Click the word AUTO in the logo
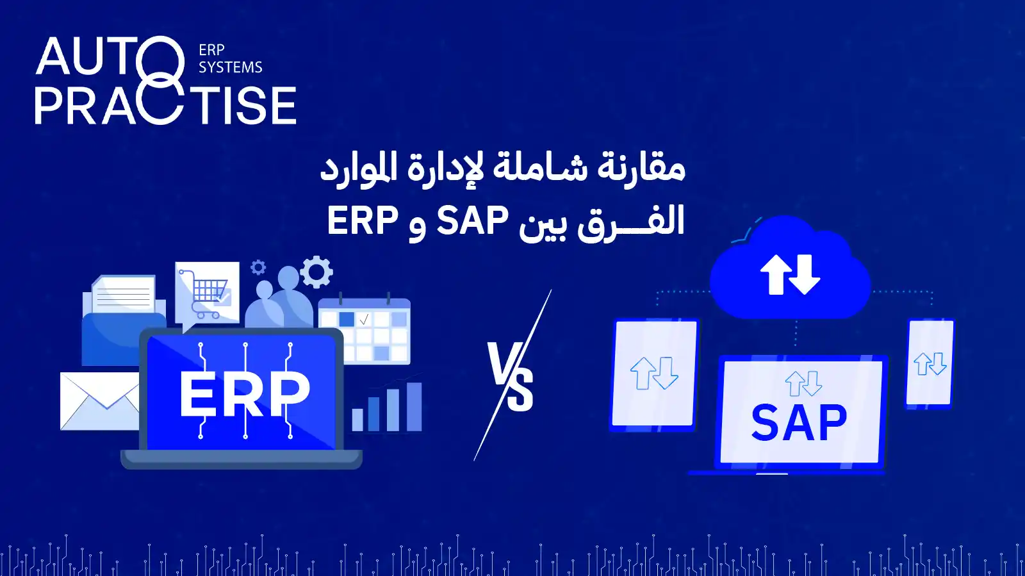110,56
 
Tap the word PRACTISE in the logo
165,105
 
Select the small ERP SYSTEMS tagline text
230,58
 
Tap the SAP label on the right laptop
799,422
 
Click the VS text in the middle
510,377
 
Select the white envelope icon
100,401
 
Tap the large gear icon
316,272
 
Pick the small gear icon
258,268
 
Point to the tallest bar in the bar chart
414,407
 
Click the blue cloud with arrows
790,268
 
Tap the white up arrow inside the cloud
776,274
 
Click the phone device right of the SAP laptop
930,363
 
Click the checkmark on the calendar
365,319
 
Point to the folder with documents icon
124,320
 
